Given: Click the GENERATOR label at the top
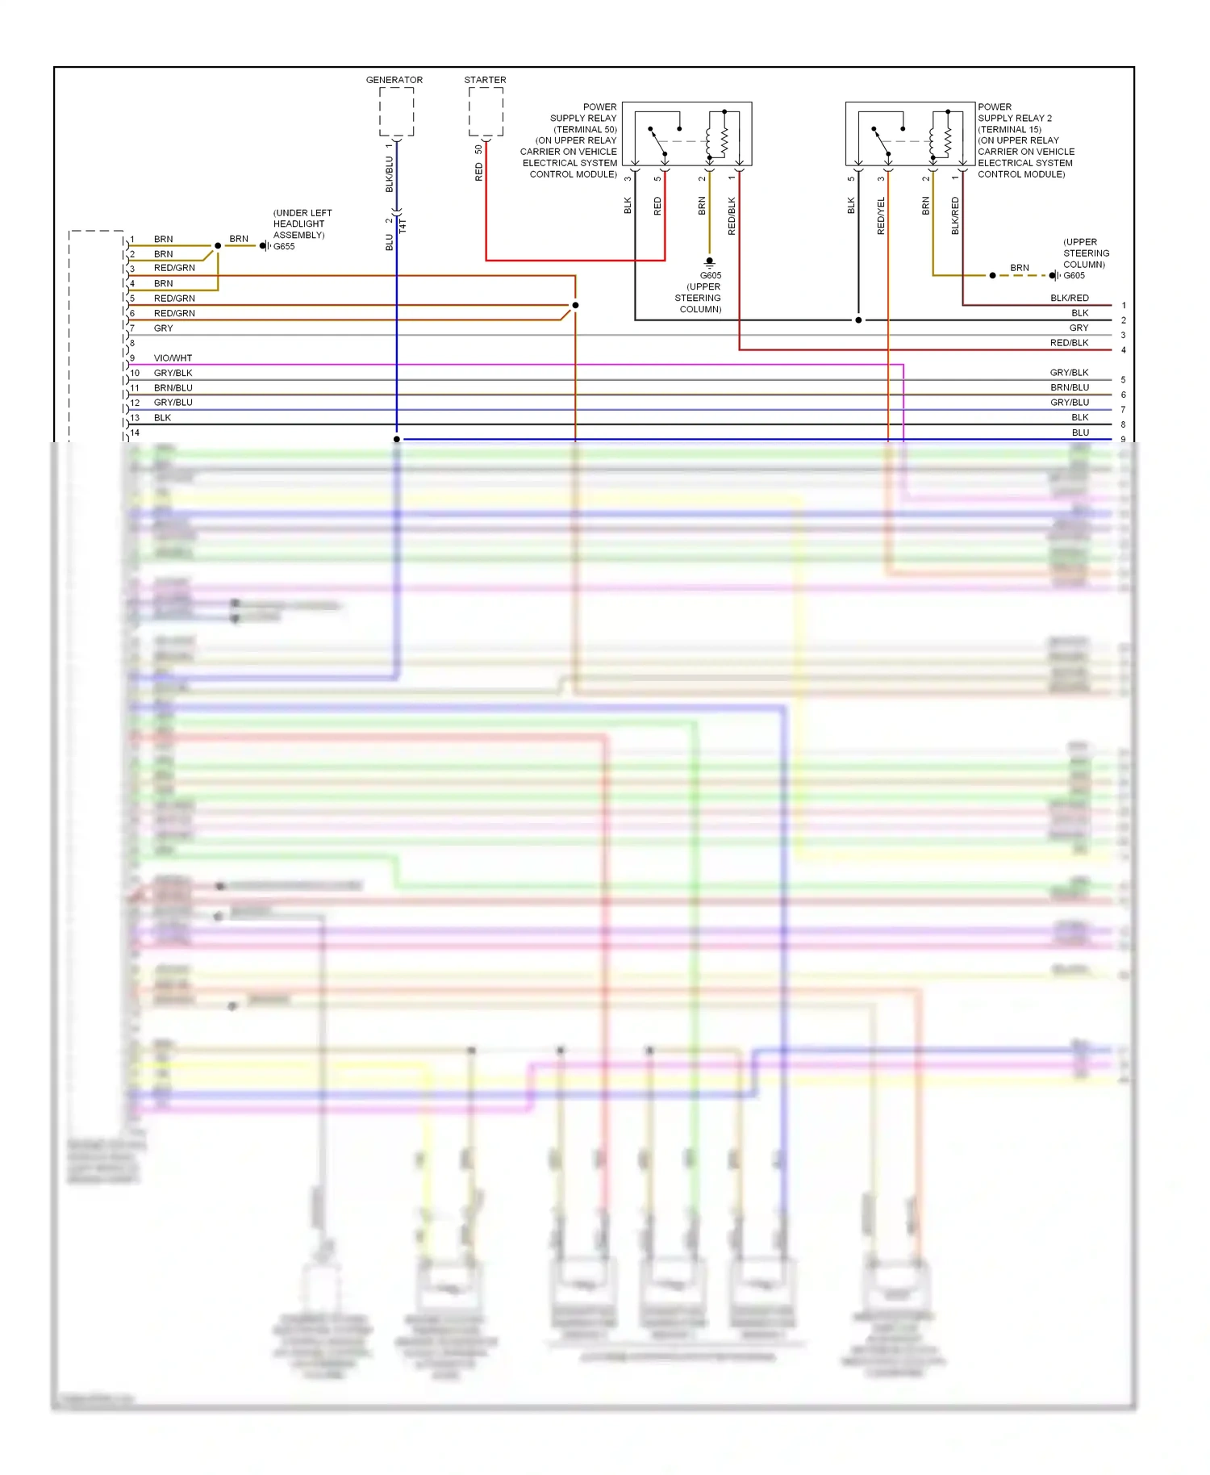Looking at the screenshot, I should tap(394, 80).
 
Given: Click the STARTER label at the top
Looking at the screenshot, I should tap(485, 80).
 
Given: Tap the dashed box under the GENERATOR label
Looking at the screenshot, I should tap(396, 112).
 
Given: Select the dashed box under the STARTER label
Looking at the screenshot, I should tap(486, 112).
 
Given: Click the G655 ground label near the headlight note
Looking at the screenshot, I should tap(284, 247).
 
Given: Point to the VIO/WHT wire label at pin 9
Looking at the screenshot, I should tap(173, 358).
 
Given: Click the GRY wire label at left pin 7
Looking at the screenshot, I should tap(163, 328).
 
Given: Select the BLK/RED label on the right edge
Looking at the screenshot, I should tap(1069, 299).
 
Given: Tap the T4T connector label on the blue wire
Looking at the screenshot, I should tap(403, 226).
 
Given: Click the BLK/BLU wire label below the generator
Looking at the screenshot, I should tap(390, 174).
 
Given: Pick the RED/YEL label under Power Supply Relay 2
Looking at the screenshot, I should tap(881, 215).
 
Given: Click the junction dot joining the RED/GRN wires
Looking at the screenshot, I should tap(575, 305).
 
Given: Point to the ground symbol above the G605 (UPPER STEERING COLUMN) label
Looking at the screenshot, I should tap(709, 262).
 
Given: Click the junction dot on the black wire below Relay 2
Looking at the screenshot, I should tap(858, 320).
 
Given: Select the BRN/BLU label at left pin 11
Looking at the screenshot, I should tap(173, 388).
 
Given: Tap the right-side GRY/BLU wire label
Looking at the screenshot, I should tap(1069, 403).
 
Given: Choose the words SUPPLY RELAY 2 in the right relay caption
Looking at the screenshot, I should tap(1015, 118).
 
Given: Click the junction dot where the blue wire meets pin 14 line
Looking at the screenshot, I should tap(397, 439).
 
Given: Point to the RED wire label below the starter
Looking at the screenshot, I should tap(479, 171).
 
